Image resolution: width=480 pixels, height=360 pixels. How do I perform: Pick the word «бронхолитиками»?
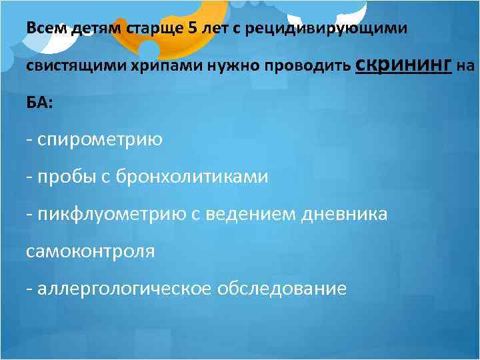[x=192, y=177]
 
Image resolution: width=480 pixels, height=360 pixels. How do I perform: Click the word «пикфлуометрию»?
[x=109, y=214]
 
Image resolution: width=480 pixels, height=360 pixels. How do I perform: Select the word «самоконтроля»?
[x=90, y=251]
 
